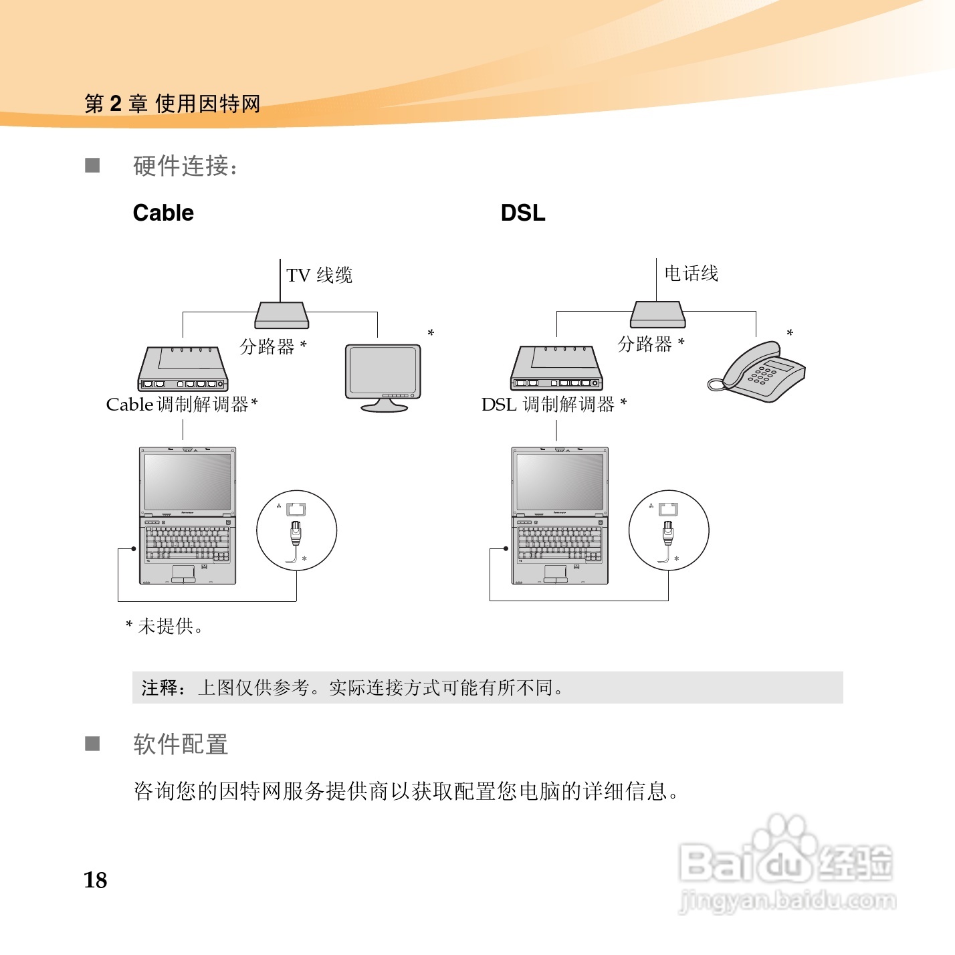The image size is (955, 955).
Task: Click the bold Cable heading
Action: (163, 213)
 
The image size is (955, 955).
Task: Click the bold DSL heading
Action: (523, 213)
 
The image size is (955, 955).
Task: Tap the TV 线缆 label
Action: (319, 275)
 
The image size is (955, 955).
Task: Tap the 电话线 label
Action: (691, 273)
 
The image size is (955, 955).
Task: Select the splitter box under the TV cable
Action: (282, 315)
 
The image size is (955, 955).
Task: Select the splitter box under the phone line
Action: (658, 314)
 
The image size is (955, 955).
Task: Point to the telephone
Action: (760, 371)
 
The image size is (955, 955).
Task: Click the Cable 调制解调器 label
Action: (181, 405)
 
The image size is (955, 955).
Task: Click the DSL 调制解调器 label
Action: (554, 405)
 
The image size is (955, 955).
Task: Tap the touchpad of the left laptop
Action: (183, 572)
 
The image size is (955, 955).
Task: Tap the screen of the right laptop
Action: (560, 480)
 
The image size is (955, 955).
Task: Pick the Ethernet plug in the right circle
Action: (667, 534)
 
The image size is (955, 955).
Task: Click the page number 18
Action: (96, 880)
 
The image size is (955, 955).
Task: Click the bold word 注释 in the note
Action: (160, 687)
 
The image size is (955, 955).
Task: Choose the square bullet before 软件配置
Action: (92, 744)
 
